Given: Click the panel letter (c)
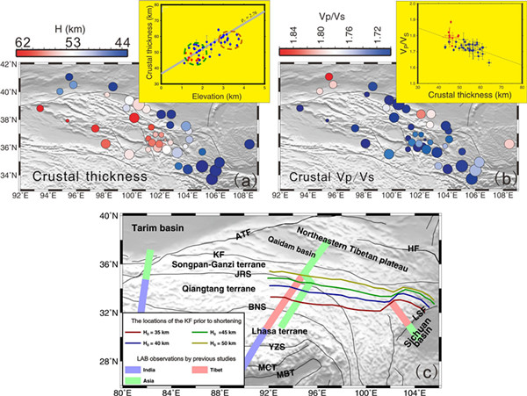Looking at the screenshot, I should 422,373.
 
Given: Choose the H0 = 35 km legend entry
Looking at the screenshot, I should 161,335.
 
